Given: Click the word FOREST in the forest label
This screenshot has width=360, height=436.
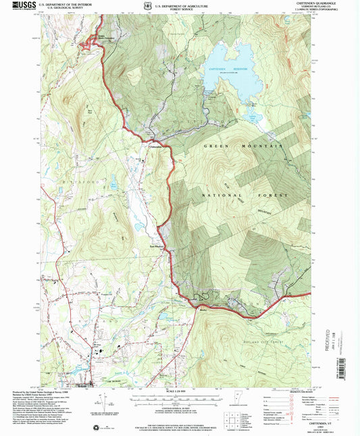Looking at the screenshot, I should click(x=275, y=195).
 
